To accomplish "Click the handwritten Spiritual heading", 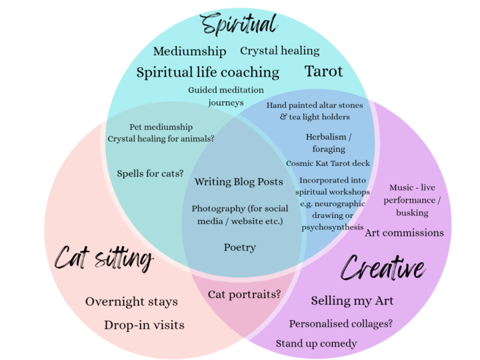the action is tap(239, 24).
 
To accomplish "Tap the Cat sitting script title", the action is tap(104, 258).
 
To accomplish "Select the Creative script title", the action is tap(383, 268).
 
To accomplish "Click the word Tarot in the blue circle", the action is tap(323, 71).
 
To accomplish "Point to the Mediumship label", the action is tap(190, 51).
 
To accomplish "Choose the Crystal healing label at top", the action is tap(280, 51).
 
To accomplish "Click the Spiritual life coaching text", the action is tap(208, 73).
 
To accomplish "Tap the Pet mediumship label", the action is tap(161, 127).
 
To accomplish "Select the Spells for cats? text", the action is tap(150, 173).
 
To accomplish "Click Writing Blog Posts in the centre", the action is tap(239, 181).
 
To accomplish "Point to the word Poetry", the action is tap(240, 247).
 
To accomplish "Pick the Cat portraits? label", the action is tap(244, 294).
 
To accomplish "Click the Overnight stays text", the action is tap(131, 302).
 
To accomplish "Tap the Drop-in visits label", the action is tap(144, 325).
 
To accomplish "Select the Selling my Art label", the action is tap(352, 301).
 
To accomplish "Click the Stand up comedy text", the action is tap(316, 343).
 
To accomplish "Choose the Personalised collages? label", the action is tap(341, 323).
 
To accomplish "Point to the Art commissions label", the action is tap(404, 233).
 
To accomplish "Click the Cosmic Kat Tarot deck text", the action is tap(328, 163).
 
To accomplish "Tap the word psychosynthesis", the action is tap(333, 227).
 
